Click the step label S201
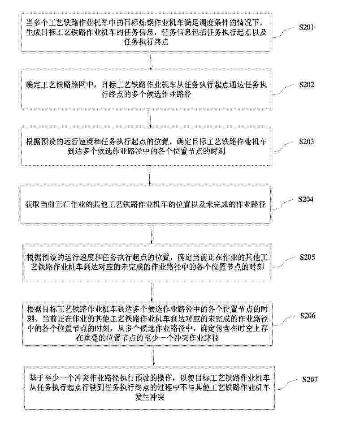[x=307, y=27]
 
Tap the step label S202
[x=307, y=85]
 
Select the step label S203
[x=307, y=142]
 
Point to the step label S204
[x=306, y=199]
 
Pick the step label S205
[x=307, y=257]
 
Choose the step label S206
[x=308, y=315]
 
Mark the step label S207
[x=310, y=379]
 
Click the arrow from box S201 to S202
[x=151, y=60]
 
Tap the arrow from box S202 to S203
[x=150, y=118]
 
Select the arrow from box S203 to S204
[x=149, y=176]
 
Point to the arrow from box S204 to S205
[x=151, y=233]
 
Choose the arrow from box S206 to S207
[x=153, y=356]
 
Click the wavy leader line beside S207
[x=288, y=385]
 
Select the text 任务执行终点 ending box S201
[x=146, y=42]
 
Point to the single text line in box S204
[x=145, y=205]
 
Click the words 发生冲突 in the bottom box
[x=150, y=397]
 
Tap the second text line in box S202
[x=146, y=94]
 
